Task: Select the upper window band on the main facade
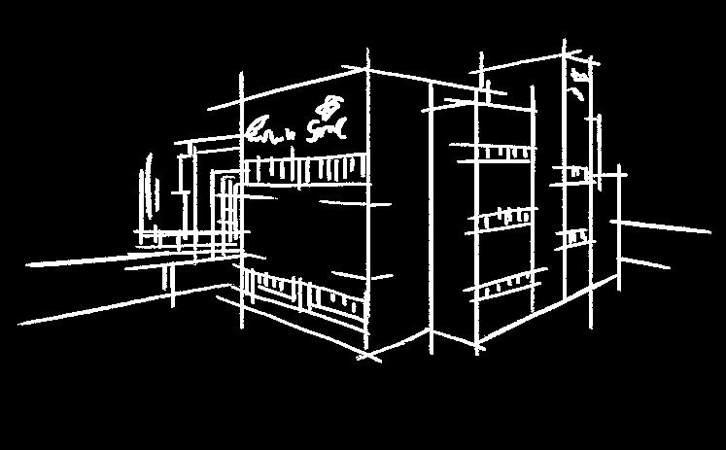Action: pyautogui.click(x=306, y=172)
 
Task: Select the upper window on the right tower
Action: pyautogui.click(x=577, y=171)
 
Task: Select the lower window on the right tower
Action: pyautogui.click(x=577, y=236)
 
